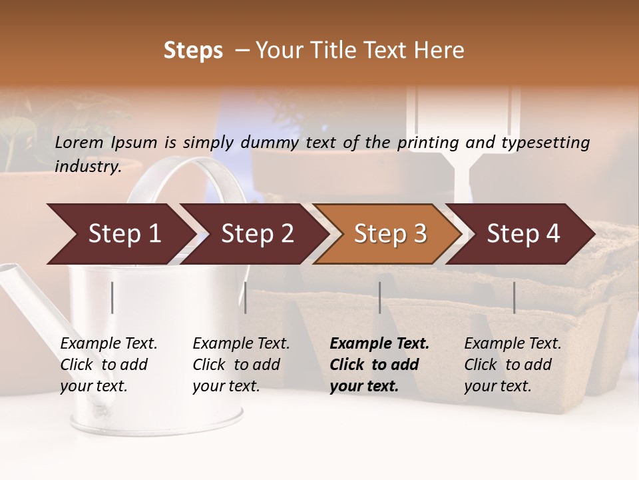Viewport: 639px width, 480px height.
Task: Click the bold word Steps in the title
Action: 193,51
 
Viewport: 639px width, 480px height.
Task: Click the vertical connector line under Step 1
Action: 112,297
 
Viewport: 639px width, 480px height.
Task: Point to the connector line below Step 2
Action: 246,297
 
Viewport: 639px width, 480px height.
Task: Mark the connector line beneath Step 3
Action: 380,297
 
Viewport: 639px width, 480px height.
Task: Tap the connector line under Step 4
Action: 514,297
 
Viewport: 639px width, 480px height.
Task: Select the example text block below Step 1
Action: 108,365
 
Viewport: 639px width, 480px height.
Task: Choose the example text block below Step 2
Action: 241,365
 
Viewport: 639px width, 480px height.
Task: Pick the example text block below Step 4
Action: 513,365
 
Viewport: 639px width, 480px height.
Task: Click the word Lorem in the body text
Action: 79,142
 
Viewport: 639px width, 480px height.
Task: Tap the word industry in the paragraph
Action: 88,166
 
